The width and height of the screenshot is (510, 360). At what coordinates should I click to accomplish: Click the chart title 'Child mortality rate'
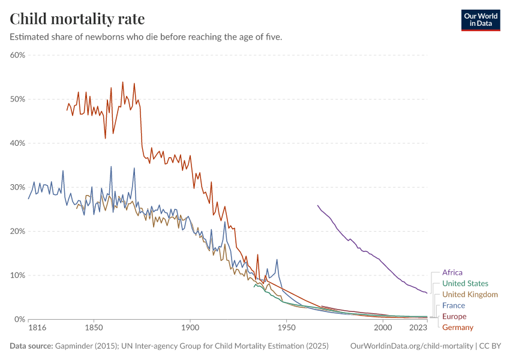pyautogui.click(x=77, y=19)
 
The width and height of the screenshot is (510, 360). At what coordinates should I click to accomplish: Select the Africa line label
pyautogui.click(x=452, y=272)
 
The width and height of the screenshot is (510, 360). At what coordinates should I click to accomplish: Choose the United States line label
pyautogui.click(x=464, y=283)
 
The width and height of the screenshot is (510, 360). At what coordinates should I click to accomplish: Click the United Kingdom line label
pyautogui.click(x=469, y=295)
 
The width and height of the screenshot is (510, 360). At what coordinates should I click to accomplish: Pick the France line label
pyautogui.click(x=453, y=305)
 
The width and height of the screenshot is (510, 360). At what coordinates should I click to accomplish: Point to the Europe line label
pyautogui.click(x=454, y=316)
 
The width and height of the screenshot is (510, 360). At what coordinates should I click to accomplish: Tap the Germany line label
pyautogui.click(x=457, y=327)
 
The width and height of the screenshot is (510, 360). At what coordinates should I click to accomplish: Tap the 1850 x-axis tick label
pyautogui.click(x=92, y=329)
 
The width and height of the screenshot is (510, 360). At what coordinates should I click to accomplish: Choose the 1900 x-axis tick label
pyautogui.click(x=190, y=329)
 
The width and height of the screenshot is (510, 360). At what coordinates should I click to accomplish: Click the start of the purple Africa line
pyautogui.click(x=318, y=205)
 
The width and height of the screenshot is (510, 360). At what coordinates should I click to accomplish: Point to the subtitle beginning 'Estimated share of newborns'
pyautogui.click(x=146, y=37)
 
